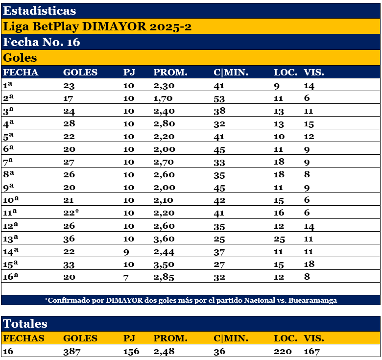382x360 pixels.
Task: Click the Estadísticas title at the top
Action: click(x=40, y=10)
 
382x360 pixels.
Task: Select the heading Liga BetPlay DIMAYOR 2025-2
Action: click(x=97, y=26)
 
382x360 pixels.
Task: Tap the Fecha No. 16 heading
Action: click(x=42, y=42)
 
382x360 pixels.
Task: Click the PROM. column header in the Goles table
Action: click(x=170, y=72)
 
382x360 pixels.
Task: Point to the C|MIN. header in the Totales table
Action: click(x=231, y=338)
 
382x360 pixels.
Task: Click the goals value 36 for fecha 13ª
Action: click(x=69, y=239)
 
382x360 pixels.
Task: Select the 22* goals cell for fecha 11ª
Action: click(x=72, y=213)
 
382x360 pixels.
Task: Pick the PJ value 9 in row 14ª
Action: click(x=126, y=251)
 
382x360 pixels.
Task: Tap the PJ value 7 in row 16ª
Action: click(x=126, y=277)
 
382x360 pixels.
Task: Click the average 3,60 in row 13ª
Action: click(x=164, y=239)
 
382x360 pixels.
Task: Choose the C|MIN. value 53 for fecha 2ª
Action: click(x=219, y=98)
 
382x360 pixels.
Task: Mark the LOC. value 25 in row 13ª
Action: click(x=280, y=239)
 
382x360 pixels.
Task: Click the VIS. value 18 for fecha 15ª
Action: click(x=310, y=264)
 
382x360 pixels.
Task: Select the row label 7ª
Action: click(x=9, y=162)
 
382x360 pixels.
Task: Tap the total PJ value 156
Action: click(x=131, y=351)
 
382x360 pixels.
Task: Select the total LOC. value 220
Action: click(x=283, y=351)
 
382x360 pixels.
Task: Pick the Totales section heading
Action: click(x=25, y=323)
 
